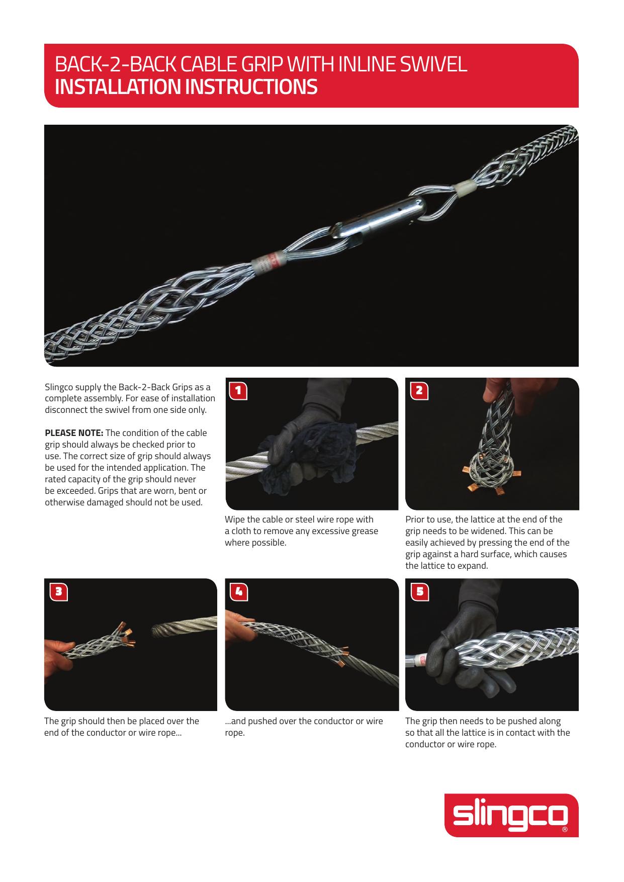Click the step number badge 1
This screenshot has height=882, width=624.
[238, 390]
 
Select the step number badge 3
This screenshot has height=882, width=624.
[58, 591]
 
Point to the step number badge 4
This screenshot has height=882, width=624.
[238, 591]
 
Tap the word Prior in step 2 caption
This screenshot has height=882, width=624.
[415, 519]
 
